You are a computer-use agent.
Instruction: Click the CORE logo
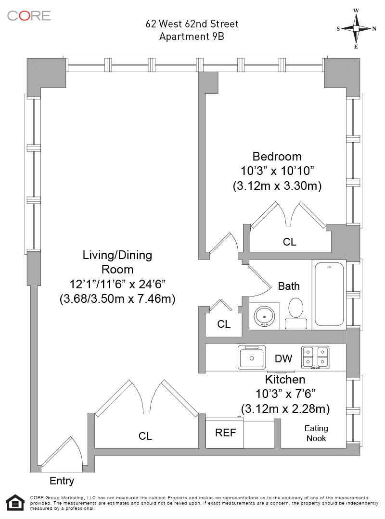click(x=29, y=15)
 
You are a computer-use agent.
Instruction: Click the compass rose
click(x=356, y=28)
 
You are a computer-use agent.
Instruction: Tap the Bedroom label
click(x=277, y=156)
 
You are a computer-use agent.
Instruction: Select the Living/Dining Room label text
click(x=117, y=262)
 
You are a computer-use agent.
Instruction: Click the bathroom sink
click(x=264, y=316)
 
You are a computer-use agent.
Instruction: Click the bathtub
click(x=329, y=294)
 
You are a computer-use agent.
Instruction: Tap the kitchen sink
click(x=252, y=358)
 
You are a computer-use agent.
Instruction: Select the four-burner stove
click(x=315, y=358)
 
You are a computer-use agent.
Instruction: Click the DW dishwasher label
click(x=283, y=358)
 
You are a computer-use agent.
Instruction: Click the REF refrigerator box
click(x=224, y=433)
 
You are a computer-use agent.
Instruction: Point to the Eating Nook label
click(x=316, y=433)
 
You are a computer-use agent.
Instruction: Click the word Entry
click(x=62, y=481)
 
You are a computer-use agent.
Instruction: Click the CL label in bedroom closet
click(x=290, y=242)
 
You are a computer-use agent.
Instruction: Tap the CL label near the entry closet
click(x=145, y=436)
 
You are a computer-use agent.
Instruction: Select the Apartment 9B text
click(x=192, y=36)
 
